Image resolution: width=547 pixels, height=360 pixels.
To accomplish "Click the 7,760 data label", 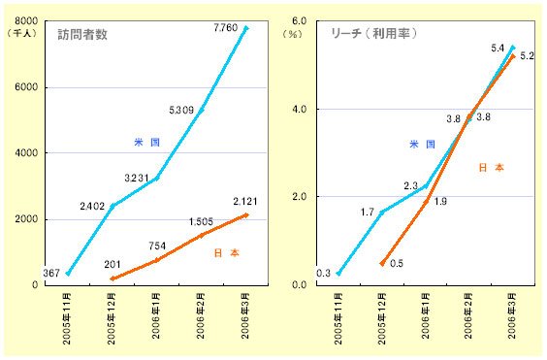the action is point(226,28).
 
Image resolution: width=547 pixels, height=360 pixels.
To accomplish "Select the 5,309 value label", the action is point(181,111).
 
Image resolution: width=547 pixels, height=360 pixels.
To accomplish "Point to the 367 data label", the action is point(51,273).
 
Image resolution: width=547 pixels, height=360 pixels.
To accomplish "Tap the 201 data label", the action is point(113,265).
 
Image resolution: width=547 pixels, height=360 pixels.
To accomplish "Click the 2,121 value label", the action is point(245,202).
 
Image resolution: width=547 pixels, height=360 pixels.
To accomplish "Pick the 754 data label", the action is point(157,245).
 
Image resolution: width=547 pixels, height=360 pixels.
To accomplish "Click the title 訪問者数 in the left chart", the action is point(82,34).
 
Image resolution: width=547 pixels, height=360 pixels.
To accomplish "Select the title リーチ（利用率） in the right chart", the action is point(373,33).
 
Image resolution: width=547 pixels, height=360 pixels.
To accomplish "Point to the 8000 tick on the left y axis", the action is point(26,21).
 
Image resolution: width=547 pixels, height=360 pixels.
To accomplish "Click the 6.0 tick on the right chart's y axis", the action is point(299,21).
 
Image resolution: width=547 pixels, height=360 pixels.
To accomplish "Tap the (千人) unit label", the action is point(21,33).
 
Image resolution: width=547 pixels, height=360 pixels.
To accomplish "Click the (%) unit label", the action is point(292,34).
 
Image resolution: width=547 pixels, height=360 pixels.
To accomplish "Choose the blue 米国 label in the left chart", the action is point(146,142).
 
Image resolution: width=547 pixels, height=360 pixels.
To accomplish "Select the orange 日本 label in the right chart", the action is point(492,167).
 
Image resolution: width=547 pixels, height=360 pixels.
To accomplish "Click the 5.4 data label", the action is point(498,49).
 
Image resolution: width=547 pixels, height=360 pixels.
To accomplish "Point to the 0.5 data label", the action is point(397,263).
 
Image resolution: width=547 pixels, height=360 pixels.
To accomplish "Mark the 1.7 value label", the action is point(368,212).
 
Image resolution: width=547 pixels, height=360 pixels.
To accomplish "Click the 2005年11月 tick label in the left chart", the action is point(67,318).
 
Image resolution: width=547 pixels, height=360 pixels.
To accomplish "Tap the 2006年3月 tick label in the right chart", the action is point(512,315).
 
